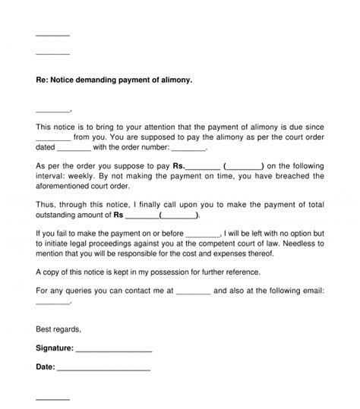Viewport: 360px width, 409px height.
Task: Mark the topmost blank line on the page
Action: pos(52,35)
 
